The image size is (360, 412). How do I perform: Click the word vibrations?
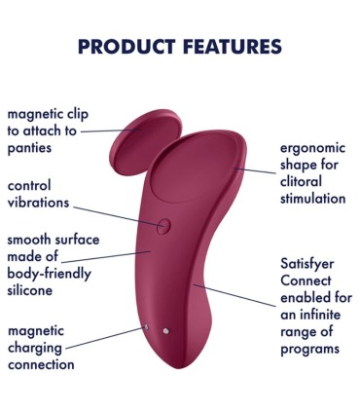coord(39,204)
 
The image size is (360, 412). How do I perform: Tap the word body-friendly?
coord(50,274)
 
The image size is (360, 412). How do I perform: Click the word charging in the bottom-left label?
coord(37,347)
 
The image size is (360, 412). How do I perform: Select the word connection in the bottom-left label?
coord(41,365)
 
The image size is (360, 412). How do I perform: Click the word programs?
coord(311,349)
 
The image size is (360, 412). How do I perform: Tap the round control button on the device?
coord(162,226)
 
